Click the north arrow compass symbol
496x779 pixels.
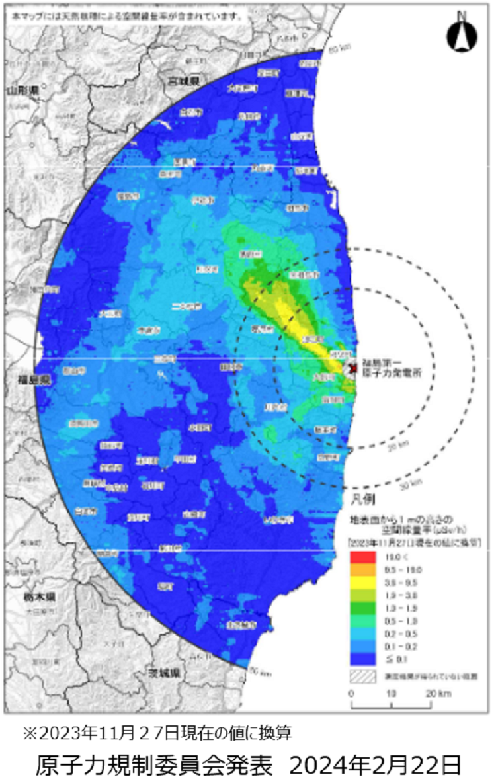[461, 35]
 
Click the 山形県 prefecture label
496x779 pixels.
[22, 89]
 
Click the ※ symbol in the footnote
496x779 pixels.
[30, 733]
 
